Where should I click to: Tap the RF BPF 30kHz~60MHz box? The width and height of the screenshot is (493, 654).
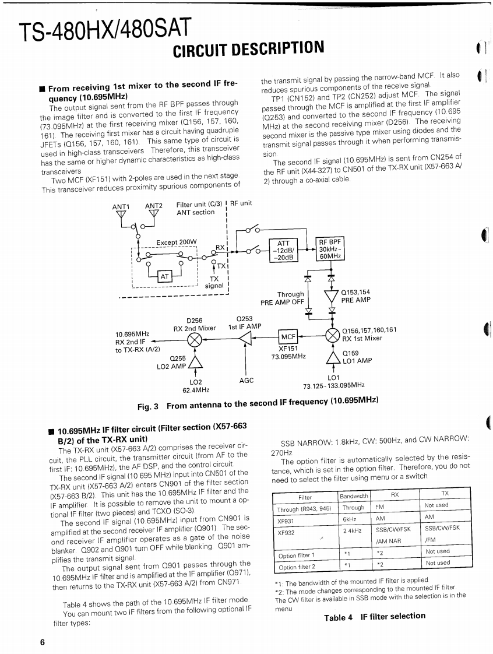click(x=330, y=249)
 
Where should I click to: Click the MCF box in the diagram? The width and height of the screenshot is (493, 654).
click(x=290, y=337)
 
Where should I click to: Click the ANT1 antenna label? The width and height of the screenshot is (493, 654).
click(x=121, y=206)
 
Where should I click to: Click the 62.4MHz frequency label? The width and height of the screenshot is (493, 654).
click(x=196, y=390)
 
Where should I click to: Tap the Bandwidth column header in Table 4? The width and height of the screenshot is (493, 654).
click(x=354, y=496)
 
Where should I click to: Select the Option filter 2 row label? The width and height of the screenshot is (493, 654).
click(x=296, y=567)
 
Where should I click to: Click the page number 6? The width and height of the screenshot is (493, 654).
click(x=41, y=642)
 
